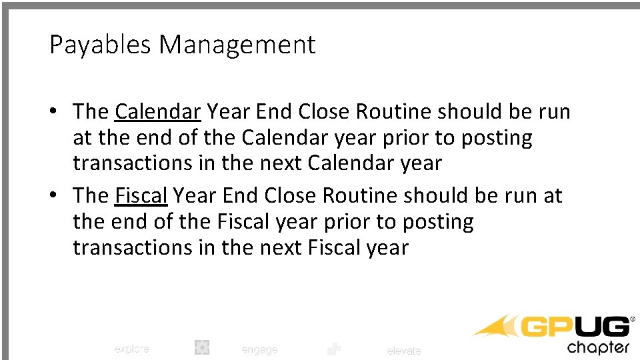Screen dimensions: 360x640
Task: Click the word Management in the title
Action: pos(237,45)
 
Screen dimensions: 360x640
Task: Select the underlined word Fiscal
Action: pos(141,196)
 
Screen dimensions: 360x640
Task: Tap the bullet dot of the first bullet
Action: pos(54,112)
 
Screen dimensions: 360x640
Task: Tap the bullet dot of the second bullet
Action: pos(54,197)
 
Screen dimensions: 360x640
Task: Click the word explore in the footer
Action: pos(131,349)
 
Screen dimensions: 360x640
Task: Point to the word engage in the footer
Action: pos(259,349)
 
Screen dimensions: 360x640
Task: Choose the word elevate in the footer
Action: pos(404,351)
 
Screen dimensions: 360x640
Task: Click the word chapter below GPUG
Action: pos(598,347)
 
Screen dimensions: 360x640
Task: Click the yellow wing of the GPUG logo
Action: pos(497,327)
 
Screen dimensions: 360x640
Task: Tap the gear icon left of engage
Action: pos(202,347)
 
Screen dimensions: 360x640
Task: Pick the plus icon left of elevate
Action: pos(334,349)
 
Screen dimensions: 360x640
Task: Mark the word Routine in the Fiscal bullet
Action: pos(362,196)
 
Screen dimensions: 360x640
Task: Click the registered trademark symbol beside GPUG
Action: pos(633,319)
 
